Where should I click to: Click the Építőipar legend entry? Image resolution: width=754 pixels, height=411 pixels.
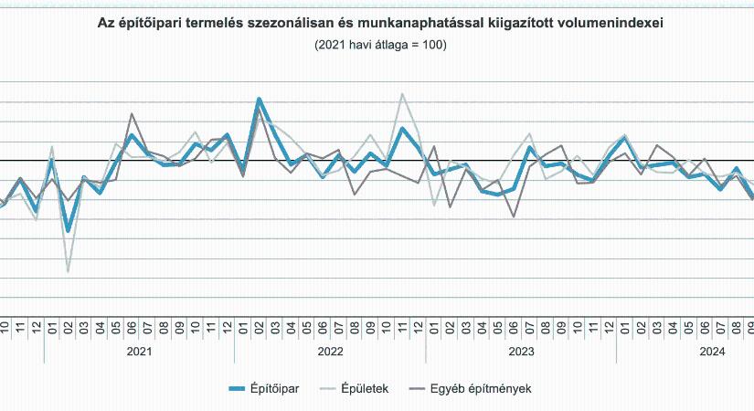pos(266,388)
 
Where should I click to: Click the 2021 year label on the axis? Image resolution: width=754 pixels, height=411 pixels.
pos(139,351)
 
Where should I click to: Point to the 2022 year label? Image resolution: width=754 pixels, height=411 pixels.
pos(330,351)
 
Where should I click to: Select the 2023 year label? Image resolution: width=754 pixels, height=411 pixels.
pos(521,351)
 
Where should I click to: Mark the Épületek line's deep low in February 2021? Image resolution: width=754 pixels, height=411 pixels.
pos(68,271)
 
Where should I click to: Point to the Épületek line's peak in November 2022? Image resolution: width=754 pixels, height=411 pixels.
pos(402,93)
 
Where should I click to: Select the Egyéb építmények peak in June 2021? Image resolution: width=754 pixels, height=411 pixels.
pos(132,114)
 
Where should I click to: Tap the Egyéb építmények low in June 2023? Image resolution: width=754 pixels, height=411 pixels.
pos(514,216)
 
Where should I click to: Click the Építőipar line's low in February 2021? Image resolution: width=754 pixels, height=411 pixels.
pos(68,231)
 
